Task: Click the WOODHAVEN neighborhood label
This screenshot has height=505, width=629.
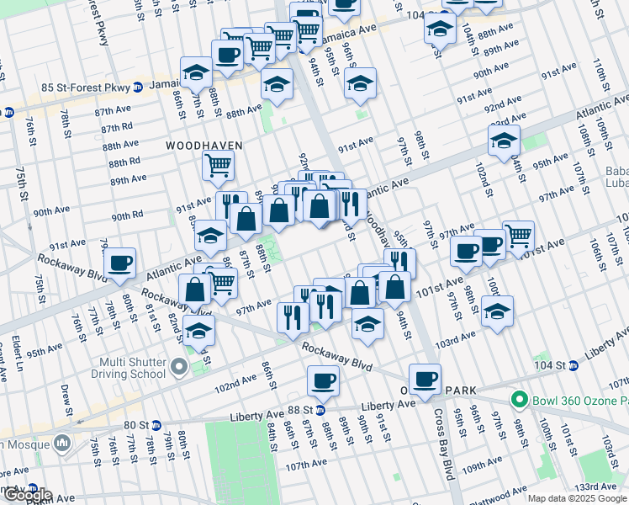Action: point(203,146)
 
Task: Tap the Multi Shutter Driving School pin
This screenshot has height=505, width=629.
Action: point(178,367)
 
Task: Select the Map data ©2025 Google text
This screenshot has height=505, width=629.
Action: point(578,498)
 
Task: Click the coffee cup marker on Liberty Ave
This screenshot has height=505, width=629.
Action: point(323,381)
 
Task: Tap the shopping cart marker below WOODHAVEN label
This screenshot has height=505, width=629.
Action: point(218,167)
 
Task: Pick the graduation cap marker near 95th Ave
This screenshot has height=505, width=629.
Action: point(504,140)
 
